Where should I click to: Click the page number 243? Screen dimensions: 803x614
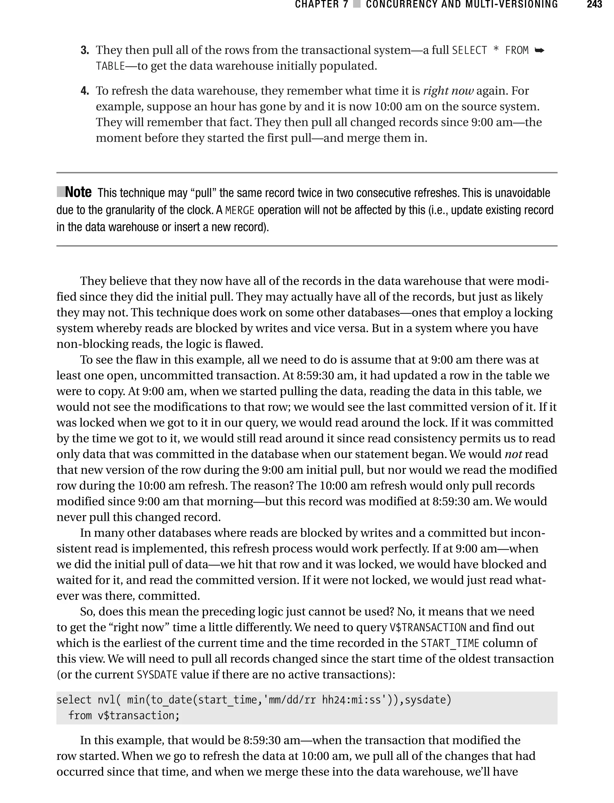[594, 5]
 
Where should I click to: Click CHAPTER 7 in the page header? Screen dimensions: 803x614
[322, 5]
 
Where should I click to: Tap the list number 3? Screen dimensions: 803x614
[85, 50]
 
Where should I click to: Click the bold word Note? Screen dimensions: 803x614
[78, 192]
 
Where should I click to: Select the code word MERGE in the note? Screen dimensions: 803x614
[240, 210]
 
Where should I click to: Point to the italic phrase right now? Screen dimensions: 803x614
[448, 91]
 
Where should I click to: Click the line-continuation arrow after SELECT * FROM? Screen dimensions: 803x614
[539, 50]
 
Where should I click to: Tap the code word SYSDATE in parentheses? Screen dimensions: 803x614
[157, 675]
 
